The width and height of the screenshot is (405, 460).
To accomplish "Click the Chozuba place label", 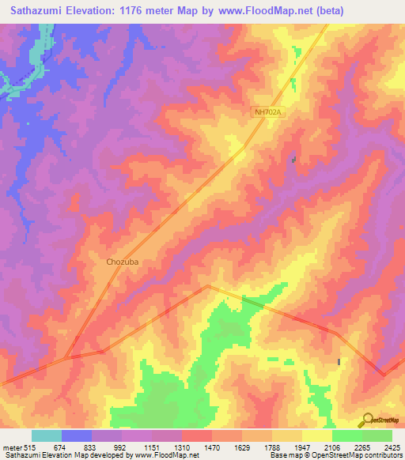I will tap(123, 262).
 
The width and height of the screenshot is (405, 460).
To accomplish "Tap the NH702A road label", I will tap(268, 113).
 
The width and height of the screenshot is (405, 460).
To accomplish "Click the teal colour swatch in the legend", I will tap(47, 436).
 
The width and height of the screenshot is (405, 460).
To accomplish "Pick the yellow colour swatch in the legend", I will tap(317, 436).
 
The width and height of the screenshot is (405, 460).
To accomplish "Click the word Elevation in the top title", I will tap(97, 10).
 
